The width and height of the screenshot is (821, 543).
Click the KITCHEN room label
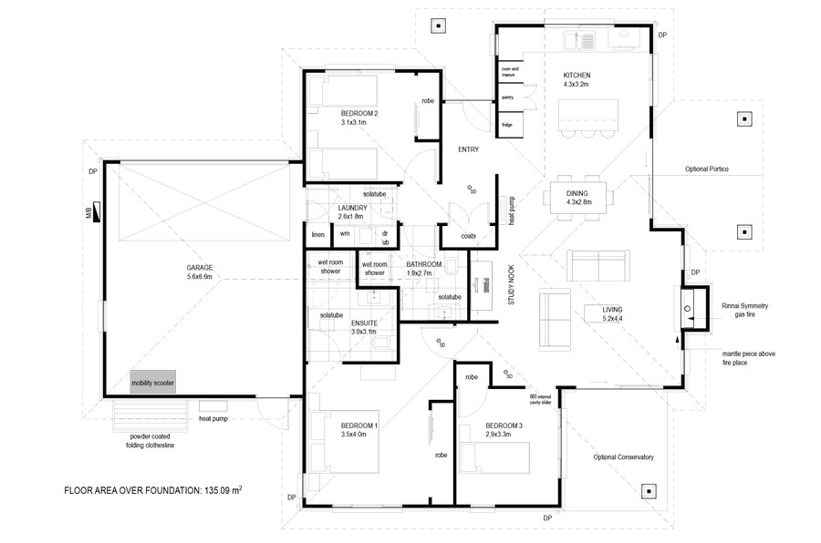[x=577, y=78]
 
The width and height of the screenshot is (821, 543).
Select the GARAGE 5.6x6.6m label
[x=199, y=272]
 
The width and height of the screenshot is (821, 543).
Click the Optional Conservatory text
[x=623, y=457]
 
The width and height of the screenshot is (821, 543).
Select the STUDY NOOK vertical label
[x=512, y=295]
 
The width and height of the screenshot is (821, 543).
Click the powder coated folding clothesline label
[x=152, y=441]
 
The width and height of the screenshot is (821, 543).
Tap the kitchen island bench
[x=587, y=116]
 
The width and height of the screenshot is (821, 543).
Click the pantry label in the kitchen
[x=508, y=97]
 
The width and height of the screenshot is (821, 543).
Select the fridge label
[x=507, y=123]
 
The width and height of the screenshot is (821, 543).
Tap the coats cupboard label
[x=467, y=235]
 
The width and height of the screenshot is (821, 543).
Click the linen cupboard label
[x=317, y=234]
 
